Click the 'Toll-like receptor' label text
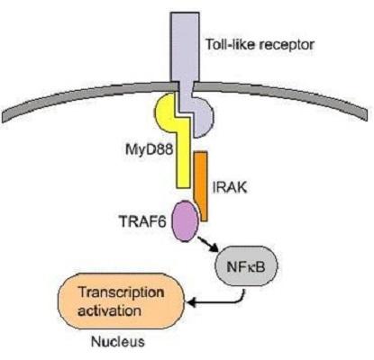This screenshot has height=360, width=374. tap(260, 45)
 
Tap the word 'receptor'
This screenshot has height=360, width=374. tap(287, 46)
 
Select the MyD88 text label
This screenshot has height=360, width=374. tap(150, 150)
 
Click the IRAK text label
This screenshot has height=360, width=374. tap(230, 187)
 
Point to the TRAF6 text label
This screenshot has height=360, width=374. tap(142, 221)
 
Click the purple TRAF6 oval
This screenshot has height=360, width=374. tap(185, 220)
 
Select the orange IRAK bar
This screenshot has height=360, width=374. tap(201, 186)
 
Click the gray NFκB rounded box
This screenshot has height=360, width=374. tap(246, 266)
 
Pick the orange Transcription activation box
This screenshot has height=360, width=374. tap(121, 301)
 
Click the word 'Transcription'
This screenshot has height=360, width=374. tap(121, 292)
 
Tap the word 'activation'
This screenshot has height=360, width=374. tap(109, 310)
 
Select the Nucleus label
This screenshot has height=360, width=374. tap(118, 342)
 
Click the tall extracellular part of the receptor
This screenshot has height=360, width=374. tap(185, 47)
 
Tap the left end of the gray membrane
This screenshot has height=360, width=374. tap(4, 118)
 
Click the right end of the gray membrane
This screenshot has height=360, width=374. tap(365, 115)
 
